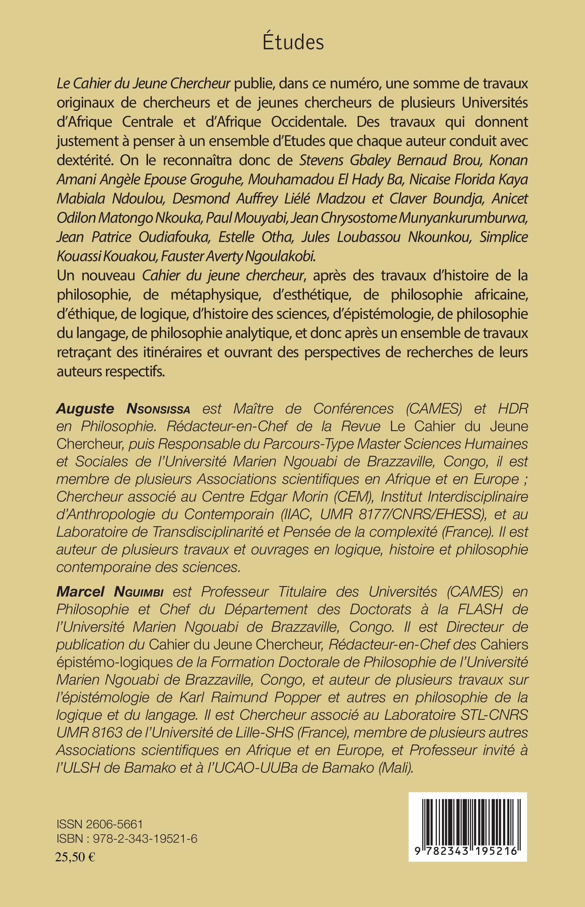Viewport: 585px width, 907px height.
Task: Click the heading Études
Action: pos(293,43)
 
